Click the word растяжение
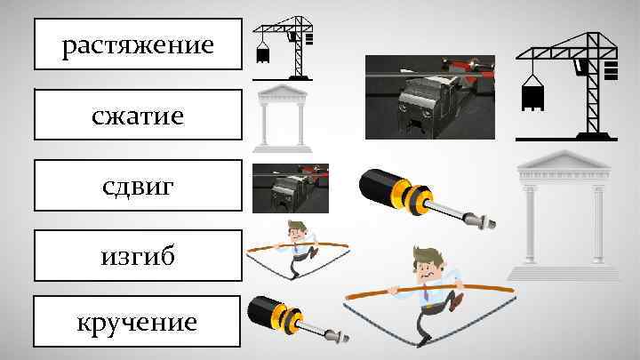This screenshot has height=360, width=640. click(x=138, y=45)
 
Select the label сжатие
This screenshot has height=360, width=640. click(x=138, y=116)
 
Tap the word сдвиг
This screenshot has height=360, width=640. click(x=138, y=187)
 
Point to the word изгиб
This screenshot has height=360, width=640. click(x=138, y=256)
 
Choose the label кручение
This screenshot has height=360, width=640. click(x=137, y=324)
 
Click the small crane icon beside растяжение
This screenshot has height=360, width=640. click(x=283, y=48)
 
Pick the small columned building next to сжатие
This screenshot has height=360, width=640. click(x=283, y=119)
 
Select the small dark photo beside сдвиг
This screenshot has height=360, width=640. click(x=291, y=188)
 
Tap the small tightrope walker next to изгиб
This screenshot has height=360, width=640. click(x=298, y=250)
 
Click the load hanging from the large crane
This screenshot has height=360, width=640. click(x=532, y=95)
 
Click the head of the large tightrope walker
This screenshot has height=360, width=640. click(x=427, y=262)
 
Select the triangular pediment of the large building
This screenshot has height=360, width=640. click(x=564, y=160)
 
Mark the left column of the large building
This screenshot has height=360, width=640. click(x=530, y=224)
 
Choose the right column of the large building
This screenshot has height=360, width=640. click(x=598, y=224)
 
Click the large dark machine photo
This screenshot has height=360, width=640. click(x=430, y=97)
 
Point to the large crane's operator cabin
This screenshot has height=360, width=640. click(x=580, y=66)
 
